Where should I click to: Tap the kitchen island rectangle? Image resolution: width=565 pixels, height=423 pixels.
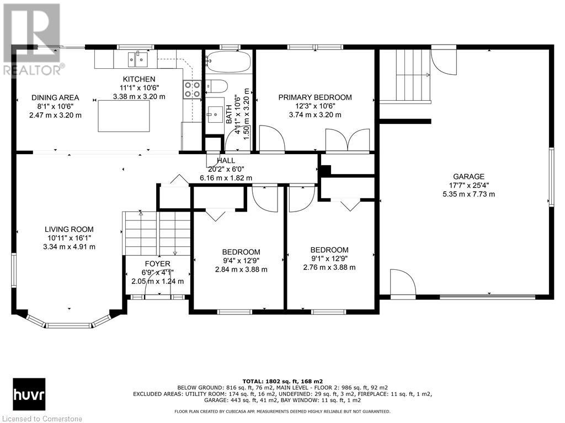tap(124, 116)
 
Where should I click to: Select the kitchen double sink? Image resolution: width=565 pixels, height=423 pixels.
tap(138, 59)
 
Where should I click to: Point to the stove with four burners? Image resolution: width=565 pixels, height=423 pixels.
tap(193, 89)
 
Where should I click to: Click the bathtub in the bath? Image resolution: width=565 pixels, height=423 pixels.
tap(229, 61)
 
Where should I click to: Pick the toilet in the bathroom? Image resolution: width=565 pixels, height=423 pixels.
tap(216, 86)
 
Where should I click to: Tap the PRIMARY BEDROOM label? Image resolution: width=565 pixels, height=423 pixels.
tap(315, 97)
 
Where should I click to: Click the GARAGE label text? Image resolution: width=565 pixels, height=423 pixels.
tap(468, 177)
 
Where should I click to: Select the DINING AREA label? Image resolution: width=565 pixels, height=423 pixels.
tap(55, 97)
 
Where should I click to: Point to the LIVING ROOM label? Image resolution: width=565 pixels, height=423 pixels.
tap(69, 229)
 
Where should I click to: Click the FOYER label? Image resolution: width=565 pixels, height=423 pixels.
tap(157, 264)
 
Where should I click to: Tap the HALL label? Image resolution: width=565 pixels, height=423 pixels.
tap(226, 161)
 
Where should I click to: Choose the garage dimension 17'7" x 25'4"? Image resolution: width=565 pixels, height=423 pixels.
tap(468, 185)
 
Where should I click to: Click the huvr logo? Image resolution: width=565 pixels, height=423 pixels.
tap(29, 394)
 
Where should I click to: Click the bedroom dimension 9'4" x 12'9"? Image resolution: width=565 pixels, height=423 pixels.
tap(241, 261)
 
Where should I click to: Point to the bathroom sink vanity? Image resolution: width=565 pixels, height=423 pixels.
tap(215, 115)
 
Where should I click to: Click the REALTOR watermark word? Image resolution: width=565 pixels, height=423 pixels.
tap(33, 70)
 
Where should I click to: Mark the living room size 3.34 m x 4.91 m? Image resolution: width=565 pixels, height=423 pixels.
tap(69, 247)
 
